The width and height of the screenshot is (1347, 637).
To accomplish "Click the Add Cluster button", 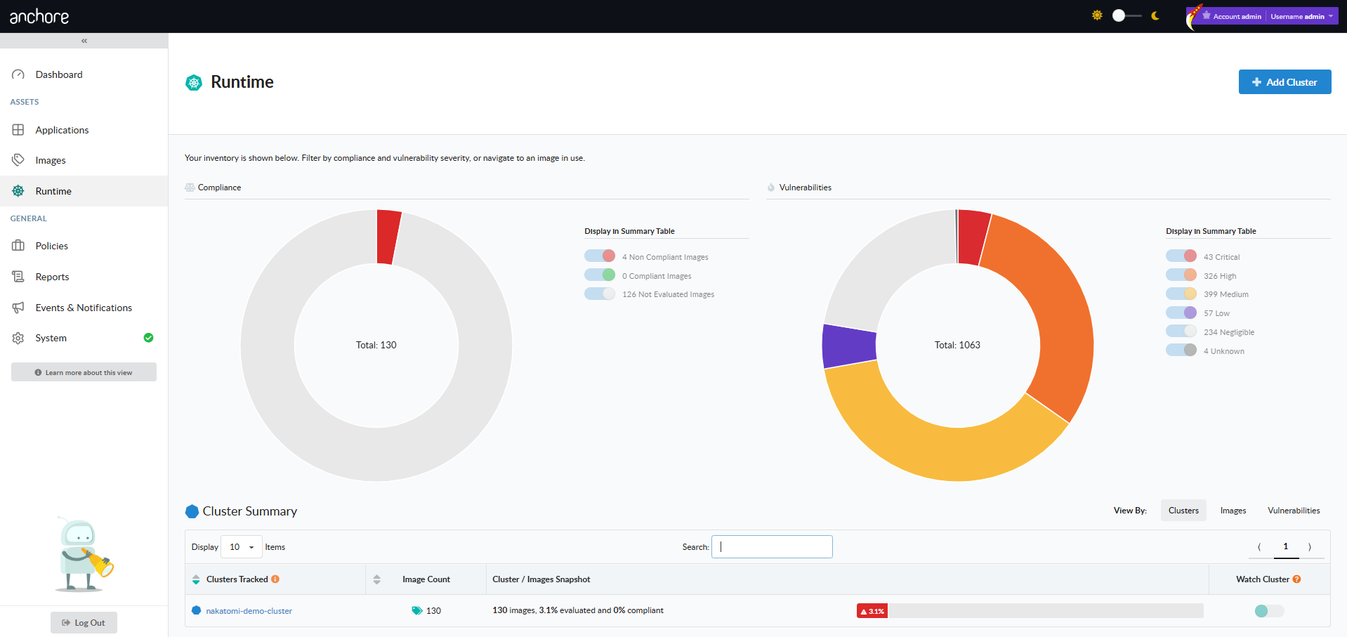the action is [x=1284, y=82].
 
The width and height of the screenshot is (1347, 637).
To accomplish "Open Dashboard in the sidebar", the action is [x=59, y=74].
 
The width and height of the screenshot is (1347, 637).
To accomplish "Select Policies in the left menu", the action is [x=52, y=246].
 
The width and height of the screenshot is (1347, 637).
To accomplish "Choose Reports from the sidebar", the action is [x=52, y=277].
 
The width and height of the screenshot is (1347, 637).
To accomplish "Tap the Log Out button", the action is [x=84, y=623].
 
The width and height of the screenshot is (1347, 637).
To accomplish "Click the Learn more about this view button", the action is [x=84, y=372].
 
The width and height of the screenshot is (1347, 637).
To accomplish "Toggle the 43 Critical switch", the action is [x=1181, y=256].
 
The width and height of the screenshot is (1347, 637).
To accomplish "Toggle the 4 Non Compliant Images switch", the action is [x=600, y=256].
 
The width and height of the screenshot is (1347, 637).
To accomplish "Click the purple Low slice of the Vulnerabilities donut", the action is [x=849, y=346].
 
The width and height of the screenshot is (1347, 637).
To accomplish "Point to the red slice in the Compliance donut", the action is [x=388, y=237].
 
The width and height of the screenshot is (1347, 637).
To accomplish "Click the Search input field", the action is [x=772, y=547].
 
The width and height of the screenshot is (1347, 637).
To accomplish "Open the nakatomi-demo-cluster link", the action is [x=249, y=611].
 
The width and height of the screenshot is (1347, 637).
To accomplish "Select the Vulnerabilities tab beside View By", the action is [x=1294, y=511].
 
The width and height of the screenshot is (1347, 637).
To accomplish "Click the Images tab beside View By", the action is [x=1233, y=511].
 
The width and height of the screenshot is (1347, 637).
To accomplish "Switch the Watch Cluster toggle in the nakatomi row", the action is [x=1269, y=611].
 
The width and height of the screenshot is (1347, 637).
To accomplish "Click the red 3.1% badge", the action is [x=872, y=611].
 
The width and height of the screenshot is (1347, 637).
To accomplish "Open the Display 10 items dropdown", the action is [x=242, y=547].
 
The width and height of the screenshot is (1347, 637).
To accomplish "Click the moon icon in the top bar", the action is [x=1155, y=15].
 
